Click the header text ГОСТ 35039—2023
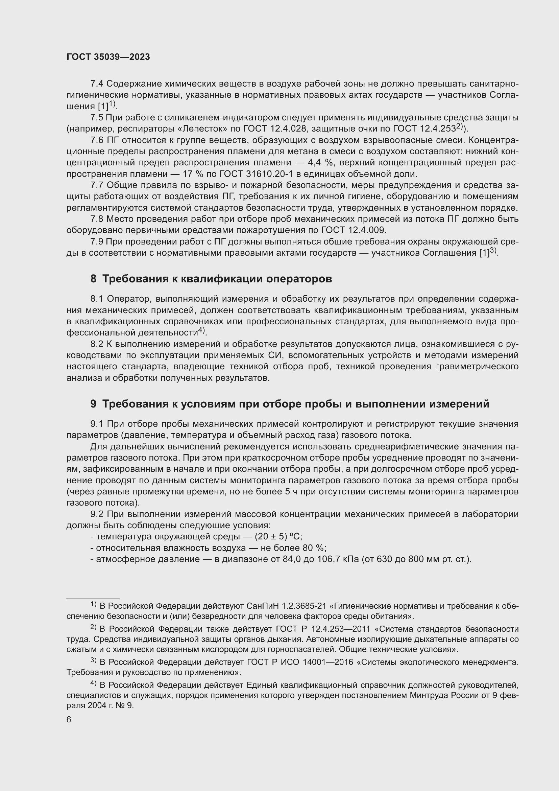click(108, 57)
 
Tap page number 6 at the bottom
click(69, 720)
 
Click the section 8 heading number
click(93, 279)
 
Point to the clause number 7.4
click(97, 84)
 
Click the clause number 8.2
click(97, 344)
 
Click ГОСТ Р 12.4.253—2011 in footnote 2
click(323, 629)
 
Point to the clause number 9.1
click(97, 424)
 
